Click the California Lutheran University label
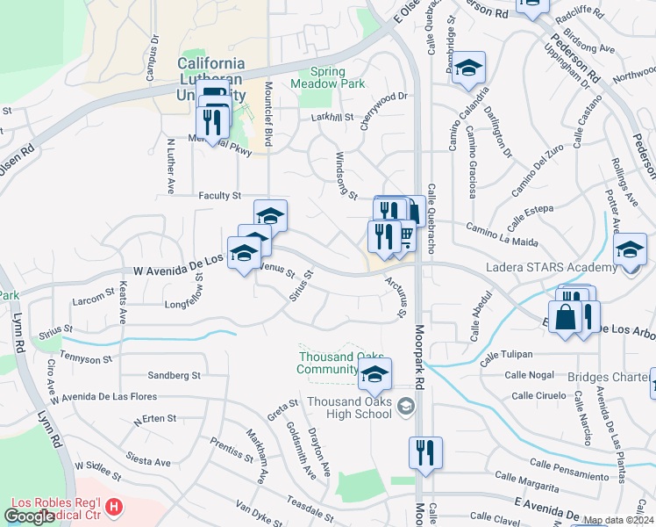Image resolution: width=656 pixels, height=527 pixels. [210, 75]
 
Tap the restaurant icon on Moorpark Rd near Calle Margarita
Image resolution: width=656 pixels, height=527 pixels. [425, 454]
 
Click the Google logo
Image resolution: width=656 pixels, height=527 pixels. [29, 516]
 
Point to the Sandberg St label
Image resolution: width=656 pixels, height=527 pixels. [174, 375]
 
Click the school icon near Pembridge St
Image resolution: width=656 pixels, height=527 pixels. [469, 69]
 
